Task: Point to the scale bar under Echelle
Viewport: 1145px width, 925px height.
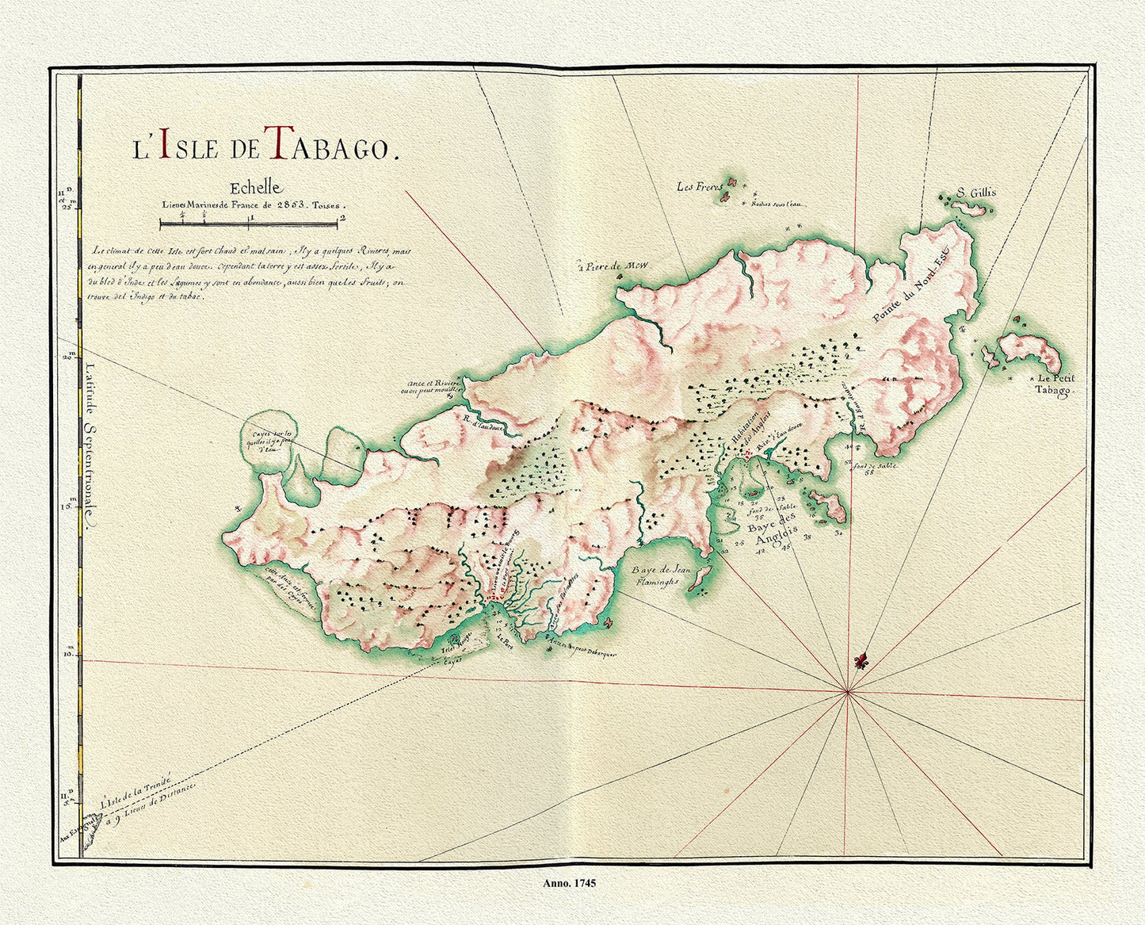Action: click(x=250, y=225)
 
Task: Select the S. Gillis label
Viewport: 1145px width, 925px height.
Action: click(x=975, y=193)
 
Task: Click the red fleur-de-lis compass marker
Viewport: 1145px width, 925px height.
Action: click(x=861, y=660)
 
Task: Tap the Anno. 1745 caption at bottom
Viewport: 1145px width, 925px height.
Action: click(x=570, y=882)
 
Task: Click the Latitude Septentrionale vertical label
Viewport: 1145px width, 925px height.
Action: click(x=90, y=444)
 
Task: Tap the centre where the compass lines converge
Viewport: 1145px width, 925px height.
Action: click(x=848, y=692)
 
